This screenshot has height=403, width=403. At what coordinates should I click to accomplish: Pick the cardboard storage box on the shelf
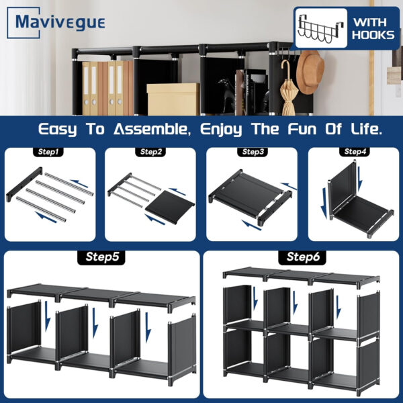click(x=172, y=99)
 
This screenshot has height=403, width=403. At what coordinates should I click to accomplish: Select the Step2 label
click(x=151, y=152)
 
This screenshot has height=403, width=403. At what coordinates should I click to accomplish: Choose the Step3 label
click(x=252, y=152)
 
